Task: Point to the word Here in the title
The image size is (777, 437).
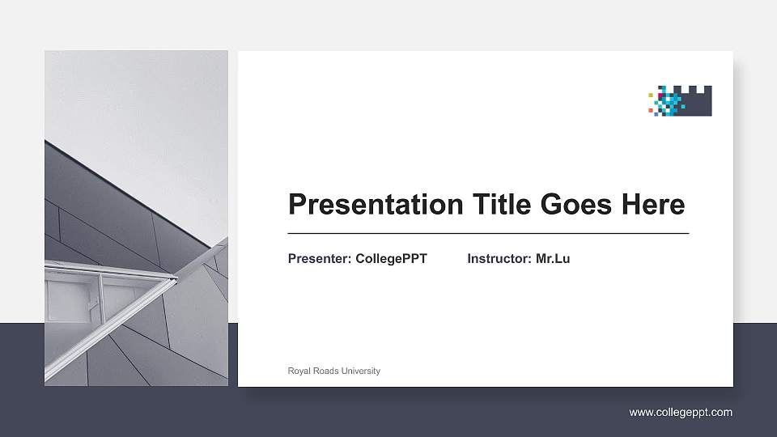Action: [653, 205]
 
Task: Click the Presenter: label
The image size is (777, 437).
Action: [320, 259]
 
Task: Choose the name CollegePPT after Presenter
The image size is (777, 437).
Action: [391, 259]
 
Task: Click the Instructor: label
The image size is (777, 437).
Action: [499, 259]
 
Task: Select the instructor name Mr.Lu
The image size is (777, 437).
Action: [553, 259]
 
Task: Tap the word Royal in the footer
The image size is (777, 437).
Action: [299, 371]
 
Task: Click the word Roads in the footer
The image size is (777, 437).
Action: [326, 371]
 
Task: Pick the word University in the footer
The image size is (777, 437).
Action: [361, 371]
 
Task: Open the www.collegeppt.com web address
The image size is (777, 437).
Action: [681, 413]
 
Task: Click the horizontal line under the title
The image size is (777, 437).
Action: [488, 233]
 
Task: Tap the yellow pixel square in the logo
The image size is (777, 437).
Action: [651, 95]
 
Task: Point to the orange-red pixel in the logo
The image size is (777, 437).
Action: [651, 108]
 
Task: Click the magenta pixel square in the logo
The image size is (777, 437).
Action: [660, 95]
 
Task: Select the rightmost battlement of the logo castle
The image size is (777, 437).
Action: [707, 90]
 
